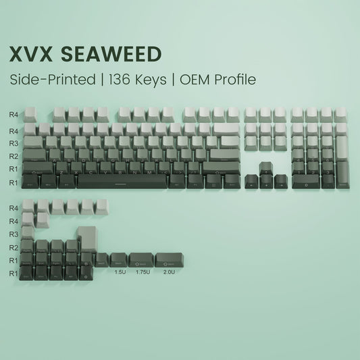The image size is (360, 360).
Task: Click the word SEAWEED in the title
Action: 120,54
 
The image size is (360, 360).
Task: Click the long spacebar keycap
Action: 121,181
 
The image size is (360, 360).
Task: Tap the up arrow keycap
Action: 266,168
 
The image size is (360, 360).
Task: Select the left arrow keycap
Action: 251,181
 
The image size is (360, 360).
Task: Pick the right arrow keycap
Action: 281,181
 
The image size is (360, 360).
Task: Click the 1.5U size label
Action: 119,272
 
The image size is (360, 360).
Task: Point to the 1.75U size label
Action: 141,272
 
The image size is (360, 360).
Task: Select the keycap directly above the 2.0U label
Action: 166,259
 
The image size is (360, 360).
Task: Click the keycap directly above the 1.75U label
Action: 141,259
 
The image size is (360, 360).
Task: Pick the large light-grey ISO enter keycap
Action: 86,238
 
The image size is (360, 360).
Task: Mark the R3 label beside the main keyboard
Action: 14,143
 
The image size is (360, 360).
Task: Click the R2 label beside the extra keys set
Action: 14,247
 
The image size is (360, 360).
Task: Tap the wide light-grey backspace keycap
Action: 228,128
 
